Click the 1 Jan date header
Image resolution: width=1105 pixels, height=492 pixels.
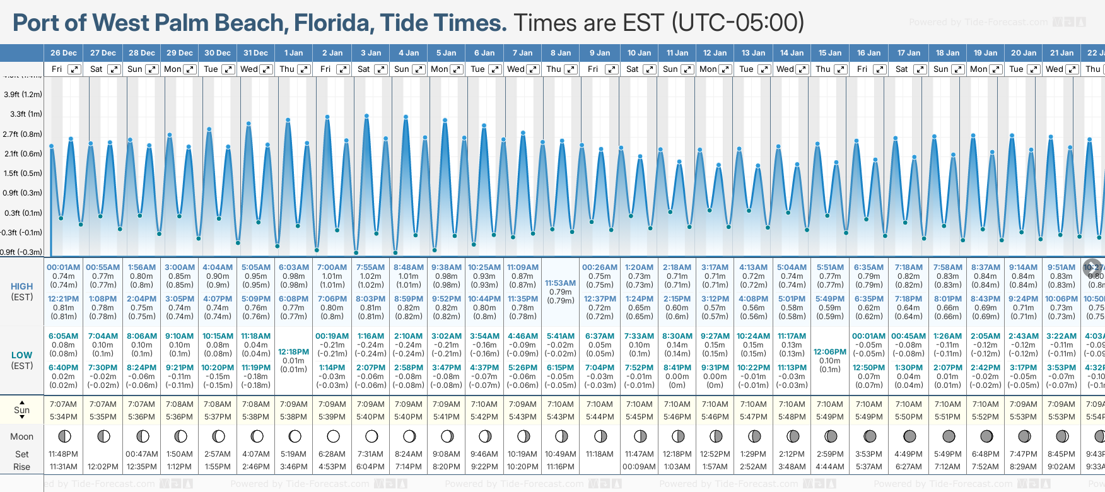click(293, 53)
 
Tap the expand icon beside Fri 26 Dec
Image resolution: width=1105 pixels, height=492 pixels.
click(74, 69)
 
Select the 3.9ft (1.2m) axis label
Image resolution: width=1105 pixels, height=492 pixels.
click(23, 95)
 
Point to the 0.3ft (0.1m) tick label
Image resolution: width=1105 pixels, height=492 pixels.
click(23, 213)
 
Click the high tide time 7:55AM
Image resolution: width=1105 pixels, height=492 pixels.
click(370, 267)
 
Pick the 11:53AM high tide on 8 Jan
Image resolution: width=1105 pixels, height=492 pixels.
click(560, 283)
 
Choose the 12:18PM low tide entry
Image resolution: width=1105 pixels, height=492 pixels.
click(294, 352)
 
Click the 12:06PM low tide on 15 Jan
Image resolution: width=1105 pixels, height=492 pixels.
click(830, 352)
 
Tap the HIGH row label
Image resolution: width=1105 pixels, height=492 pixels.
click(21, 286)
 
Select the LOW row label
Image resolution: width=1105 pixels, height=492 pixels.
click(21, 355)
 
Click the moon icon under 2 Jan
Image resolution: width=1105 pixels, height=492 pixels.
click(333, 436)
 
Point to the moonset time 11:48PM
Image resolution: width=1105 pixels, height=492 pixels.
click(63, 454)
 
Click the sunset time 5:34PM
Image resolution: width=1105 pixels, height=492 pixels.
click(63, 417)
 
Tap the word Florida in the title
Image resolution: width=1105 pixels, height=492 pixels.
click(332, 23)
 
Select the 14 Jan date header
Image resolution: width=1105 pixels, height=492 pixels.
click(792, 53)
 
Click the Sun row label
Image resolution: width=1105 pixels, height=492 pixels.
click(21, 410)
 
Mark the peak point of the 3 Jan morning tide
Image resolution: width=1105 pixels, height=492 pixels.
click(366, 116)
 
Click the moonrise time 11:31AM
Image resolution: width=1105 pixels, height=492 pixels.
click(63, 467)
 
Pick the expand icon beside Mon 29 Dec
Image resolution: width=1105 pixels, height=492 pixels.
click(189, 69)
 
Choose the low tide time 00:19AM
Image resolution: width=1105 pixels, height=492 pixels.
click(332, 336)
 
